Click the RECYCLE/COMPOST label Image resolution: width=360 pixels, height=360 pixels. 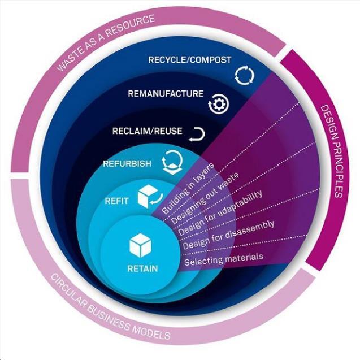coord(189,60)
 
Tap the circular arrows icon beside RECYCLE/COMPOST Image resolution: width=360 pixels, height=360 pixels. coord(245,73)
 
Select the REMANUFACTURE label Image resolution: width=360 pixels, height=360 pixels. coord(165,94)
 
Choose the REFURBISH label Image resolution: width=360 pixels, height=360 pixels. coord(127,164)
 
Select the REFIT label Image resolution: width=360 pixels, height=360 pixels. coord(117,200)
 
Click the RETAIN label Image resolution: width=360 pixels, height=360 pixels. coord(142,268)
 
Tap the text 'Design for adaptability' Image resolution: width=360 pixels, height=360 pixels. coord(220,215)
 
